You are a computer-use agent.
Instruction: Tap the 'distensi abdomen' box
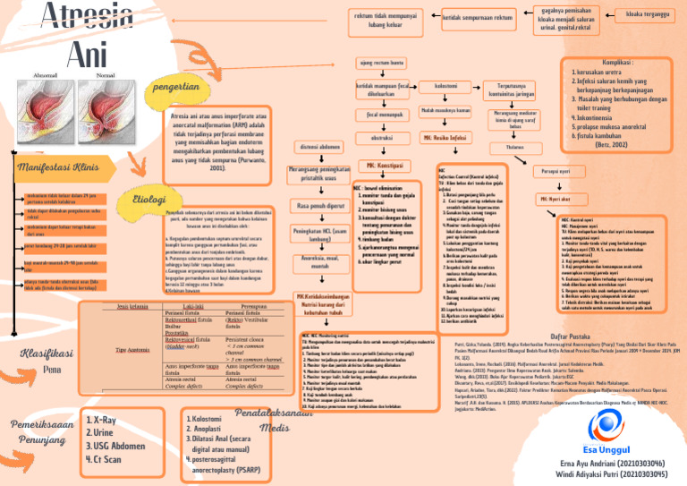318,146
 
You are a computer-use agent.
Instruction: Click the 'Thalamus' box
515,147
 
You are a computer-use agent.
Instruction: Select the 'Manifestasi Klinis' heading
56,168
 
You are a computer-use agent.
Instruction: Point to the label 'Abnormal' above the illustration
47,75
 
